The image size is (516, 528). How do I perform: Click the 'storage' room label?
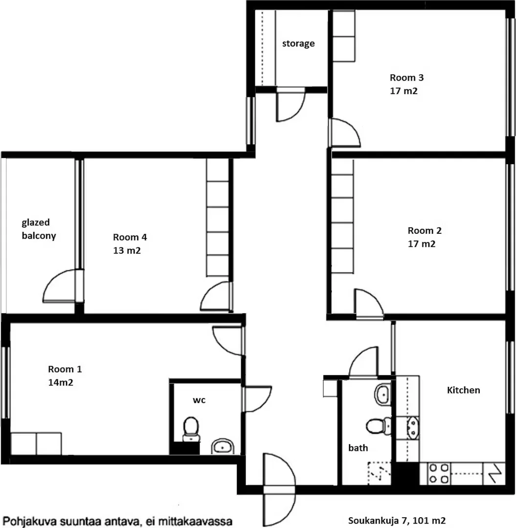[298, 44]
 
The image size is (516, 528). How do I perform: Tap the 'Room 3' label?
[406, 78]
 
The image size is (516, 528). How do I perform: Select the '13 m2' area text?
[127, 250]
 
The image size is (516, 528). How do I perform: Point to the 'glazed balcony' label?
[39, 229]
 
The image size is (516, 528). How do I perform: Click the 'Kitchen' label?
[463, 390]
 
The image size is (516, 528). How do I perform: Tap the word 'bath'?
[358, 448]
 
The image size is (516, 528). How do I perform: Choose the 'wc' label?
[199, 400]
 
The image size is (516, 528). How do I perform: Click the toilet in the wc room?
[191, 429]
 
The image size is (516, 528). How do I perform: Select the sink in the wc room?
[223, 446]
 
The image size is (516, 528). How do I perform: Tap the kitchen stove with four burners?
[439, 473]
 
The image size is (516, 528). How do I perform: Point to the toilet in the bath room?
[379, 427]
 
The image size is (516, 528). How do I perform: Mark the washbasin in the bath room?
[382, 394]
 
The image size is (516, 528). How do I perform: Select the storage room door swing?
[291, 105]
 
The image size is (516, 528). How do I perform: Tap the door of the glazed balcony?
[62, 286]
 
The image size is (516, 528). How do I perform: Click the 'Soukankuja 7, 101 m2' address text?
[397, 521]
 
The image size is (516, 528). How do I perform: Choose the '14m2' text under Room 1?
[61, 382]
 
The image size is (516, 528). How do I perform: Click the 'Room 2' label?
[425, 231]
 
